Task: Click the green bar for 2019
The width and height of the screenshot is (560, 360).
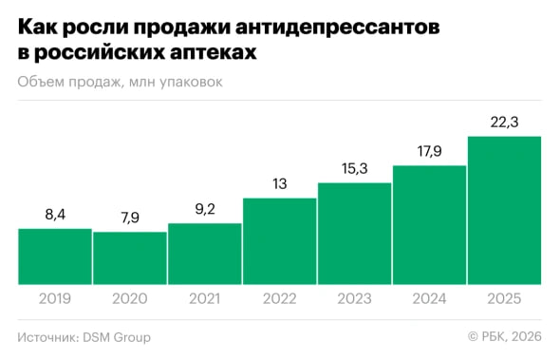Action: (x=55, y=256)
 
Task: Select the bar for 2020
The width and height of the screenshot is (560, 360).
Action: (x=130, y=258)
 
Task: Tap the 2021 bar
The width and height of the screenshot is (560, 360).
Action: (x=205, y=254)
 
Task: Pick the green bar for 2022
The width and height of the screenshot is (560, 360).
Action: (x=280, y=241)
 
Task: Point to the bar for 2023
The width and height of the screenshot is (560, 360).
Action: (x=354, y=234)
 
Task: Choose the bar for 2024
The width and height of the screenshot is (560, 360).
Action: (x=429, y=225)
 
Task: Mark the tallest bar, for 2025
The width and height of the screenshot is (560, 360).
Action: (x=504, y=211)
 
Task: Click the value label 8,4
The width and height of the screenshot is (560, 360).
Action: (x=55, y=216)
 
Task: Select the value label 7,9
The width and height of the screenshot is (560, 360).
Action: (x=130, y=218)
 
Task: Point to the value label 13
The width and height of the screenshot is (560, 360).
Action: (x=280, y=184)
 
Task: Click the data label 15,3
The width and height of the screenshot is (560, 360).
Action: (x=354, y=169)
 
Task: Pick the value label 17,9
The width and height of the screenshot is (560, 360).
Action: (x=429, y=152)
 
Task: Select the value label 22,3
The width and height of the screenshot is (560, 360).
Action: (x=504, y=123)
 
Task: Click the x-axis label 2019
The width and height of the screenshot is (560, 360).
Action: (x=55, y=298)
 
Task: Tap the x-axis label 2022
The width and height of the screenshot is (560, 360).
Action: (x=280, y=298)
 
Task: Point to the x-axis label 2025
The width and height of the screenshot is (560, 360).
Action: (x=504, y=298)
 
